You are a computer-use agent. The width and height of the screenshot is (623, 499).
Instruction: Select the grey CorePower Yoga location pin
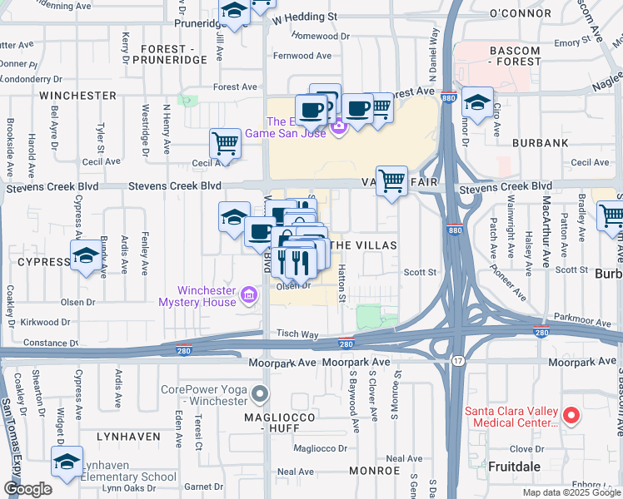point(262,393)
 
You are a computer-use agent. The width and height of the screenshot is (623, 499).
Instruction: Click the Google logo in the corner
point(27,489)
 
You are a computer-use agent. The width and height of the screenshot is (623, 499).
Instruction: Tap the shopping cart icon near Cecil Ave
point(225,144)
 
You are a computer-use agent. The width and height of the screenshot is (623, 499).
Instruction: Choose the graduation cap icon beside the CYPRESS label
point(86,257)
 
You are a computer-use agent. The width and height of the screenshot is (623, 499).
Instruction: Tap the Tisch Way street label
point(298,333)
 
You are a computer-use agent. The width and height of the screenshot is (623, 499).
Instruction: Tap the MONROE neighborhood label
point(375,470)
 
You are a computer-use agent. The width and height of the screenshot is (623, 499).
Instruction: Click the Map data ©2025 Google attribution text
point(571,492)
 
